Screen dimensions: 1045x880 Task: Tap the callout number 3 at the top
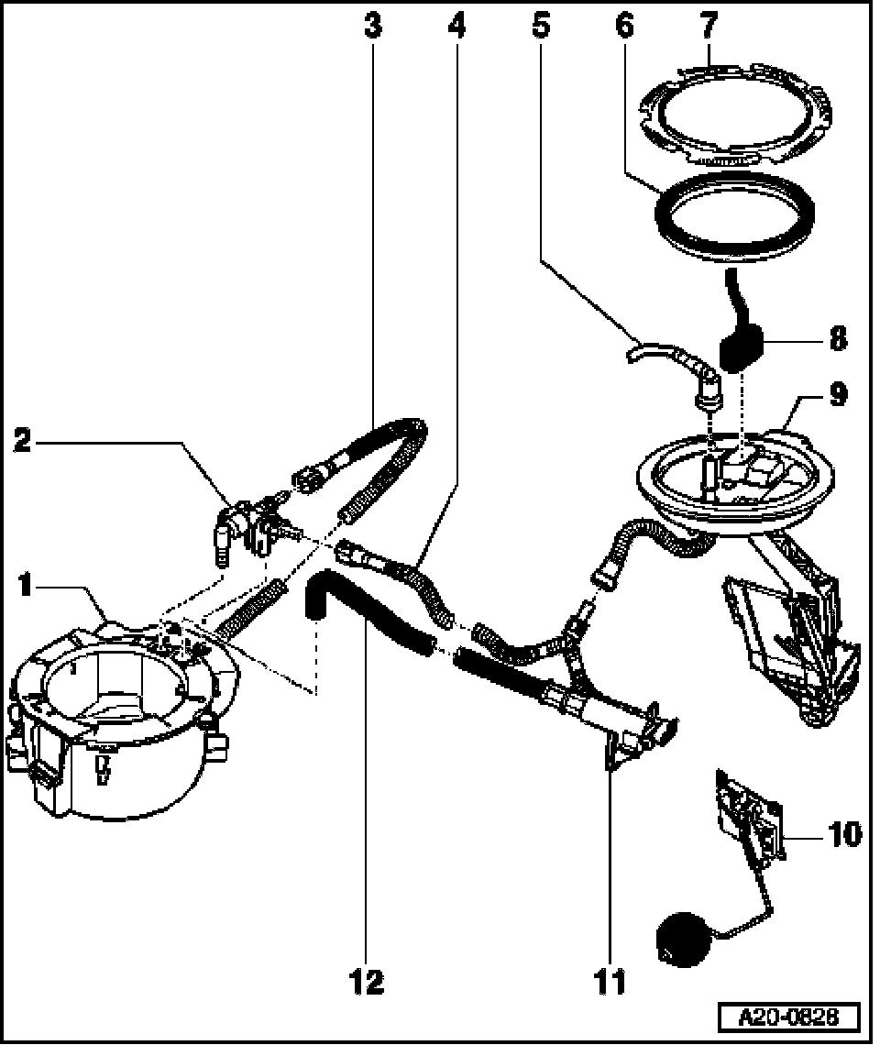click(x=371, y=26)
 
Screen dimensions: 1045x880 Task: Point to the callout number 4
click(x=456, y=26)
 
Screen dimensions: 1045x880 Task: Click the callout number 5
click(x=541, y=26)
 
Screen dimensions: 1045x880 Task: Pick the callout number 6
click(x=624, y=26)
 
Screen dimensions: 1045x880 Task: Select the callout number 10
click(x=843, y=835)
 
